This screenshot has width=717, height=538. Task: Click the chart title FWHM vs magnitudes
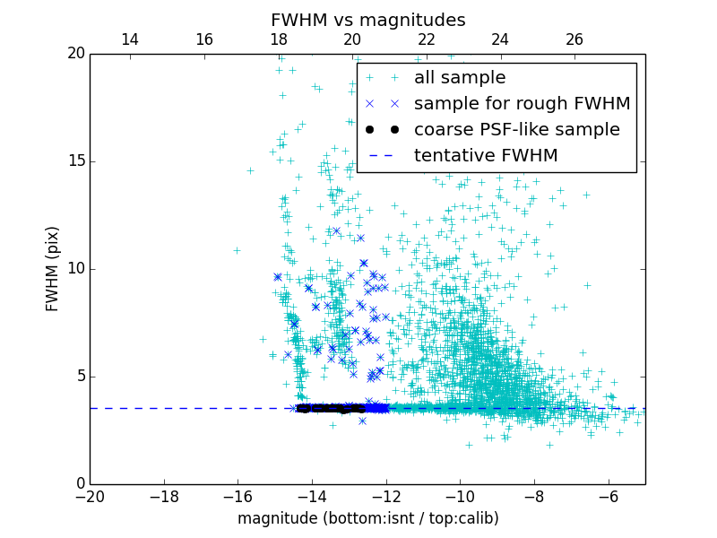coord(367,20)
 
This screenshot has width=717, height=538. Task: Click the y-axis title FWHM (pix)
coord(53,268)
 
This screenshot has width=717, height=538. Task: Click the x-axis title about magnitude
coord(367,518)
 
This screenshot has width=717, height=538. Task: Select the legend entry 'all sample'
coord(460,78)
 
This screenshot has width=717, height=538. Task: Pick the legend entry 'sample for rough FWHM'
coord(522,104)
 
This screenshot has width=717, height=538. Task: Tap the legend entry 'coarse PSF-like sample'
coord(516,130)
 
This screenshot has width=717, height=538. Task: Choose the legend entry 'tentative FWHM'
coord(486,156)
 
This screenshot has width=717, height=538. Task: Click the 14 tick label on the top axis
coord(129,39)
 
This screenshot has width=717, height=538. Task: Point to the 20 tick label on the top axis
coord(352,39)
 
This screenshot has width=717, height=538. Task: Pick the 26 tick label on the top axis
coord(574,39)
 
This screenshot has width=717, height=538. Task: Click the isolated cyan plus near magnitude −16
coord(237,250)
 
